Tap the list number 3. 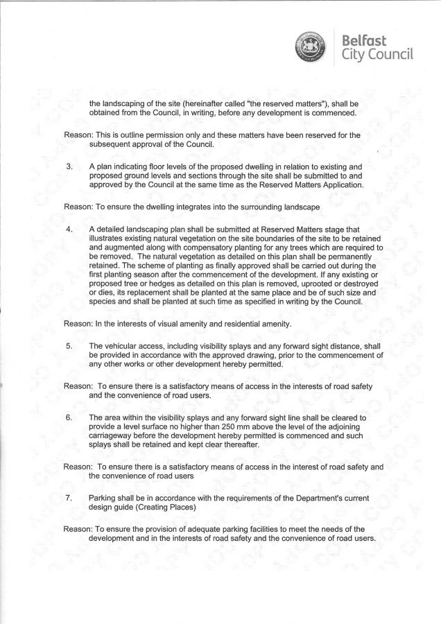(69, 167)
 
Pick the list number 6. (69, 418)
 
